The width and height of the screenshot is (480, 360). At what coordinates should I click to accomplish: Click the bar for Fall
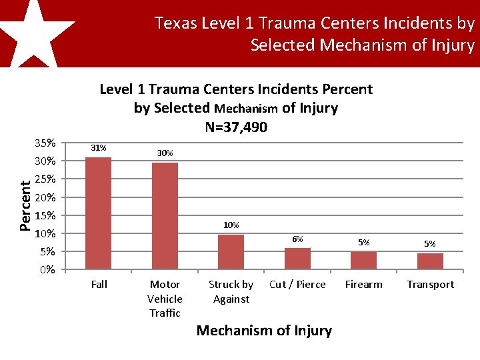tap(99, 213)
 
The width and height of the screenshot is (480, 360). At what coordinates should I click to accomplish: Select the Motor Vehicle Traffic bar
tap(165, 216)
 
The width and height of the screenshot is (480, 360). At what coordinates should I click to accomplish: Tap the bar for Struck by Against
tap(231, 252)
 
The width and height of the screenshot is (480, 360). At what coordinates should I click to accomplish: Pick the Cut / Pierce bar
tap(297, 259)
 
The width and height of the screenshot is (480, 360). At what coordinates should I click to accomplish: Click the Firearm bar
tap(363, 261)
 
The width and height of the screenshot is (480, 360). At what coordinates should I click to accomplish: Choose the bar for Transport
tap(430, 261)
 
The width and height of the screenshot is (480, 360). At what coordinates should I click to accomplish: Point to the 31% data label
tap(99, 148)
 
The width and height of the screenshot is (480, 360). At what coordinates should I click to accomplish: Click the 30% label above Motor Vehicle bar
tap(165, 153)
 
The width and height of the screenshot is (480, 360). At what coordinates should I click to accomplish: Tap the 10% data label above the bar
tap(231, 225)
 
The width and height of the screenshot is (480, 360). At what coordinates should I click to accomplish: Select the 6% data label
tap(297, 239)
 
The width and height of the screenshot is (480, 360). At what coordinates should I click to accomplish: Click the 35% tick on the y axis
tap(45, 143)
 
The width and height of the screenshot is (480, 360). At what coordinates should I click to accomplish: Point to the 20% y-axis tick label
tap(45, 197)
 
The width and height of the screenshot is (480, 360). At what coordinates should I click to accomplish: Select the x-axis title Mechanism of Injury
tap(264, 331)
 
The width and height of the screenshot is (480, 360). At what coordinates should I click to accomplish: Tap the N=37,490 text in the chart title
tap(236, 127)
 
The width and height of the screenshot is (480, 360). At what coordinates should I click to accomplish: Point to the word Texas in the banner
tap(175, 24)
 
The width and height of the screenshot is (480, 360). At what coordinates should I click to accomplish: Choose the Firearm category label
tap(363, 285)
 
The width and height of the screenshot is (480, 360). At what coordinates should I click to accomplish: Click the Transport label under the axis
tap(430, 285)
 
